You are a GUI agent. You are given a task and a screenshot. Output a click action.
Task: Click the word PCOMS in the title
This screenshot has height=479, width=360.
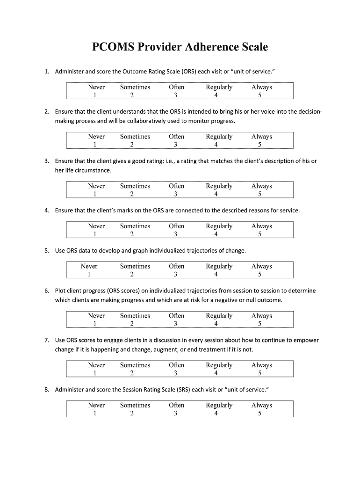tap(112, 47)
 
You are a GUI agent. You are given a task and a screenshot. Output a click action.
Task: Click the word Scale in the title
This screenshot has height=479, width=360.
tap(253, 47)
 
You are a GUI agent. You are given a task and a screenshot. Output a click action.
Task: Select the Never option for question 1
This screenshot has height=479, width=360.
tap(96, 87)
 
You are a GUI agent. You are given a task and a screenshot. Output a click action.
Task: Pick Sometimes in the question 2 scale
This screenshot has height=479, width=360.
tap(135, 137)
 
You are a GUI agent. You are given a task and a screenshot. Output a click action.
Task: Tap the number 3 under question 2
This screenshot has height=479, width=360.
tap(175, 145)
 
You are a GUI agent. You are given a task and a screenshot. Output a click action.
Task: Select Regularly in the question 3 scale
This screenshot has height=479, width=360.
tap(219, 186)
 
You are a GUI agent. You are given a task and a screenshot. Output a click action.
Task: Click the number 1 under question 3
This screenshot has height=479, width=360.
tap(94, 194)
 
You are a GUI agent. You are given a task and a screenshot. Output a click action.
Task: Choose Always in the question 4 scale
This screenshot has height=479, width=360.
tap(261, 226)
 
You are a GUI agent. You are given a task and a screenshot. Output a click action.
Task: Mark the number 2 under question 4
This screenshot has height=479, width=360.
tap(132, 234)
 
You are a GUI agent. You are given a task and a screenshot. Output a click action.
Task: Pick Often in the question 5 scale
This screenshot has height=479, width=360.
tap(176, 266)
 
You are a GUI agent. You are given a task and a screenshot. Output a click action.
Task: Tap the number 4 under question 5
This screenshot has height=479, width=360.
tap(216, 275)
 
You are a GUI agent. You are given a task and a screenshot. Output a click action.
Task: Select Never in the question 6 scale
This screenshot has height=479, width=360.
tap(96, 316)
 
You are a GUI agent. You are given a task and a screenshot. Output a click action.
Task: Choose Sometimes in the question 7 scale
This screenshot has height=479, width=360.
tap(135, 365)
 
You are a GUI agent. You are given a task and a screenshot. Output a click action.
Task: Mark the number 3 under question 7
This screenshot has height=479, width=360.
tap(175, 373)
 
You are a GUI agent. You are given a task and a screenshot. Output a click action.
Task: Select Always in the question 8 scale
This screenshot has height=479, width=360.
tap(261, 405)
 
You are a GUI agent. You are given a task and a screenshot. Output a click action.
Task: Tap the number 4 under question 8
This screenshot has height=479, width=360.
tap(216, 414)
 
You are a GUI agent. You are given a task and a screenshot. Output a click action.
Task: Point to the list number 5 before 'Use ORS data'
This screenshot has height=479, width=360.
tap(47, 251)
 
